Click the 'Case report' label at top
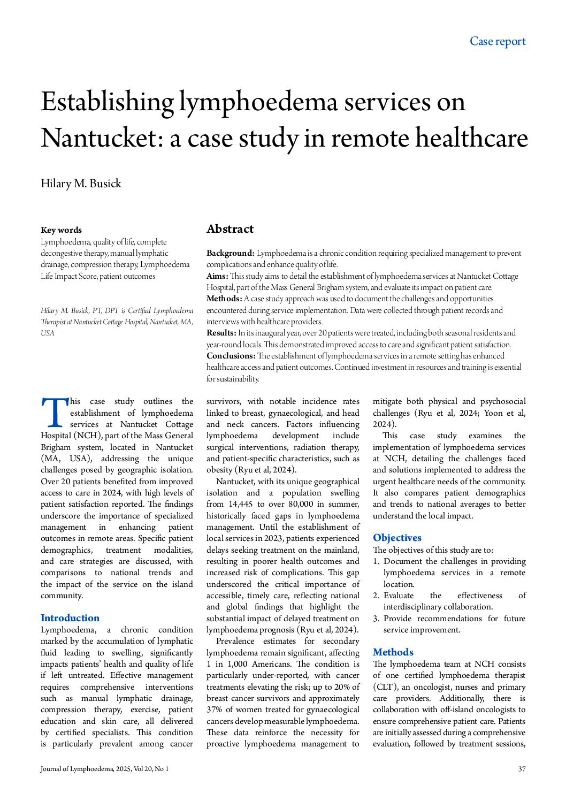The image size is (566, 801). tap(498, 41)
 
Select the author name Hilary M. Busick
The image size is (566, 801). tap(81, 184)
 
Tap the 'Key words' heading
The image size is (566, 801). tap(61, 230)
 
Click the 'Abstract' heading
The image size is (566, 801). tap(230, 229)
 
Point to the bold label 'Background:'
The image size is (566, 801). tap(231, 253)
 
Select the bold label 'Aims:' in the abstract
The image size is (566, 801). tap(217, 276)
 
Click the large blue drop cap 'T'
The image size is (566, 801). tap(54, 413)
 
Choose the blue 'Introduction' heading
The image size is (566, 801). tap(70, 618)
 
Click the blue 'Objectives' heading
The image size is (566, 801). tap(397, 538)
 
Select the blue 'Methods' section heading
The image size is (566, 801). tap(393, 652)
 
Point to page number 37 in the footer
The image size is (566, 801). tap(522, 769)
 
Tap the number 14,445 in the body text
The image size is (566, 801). tap(241, 504)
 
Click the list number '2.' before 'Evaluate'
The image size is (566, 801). tap(376, 596)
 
